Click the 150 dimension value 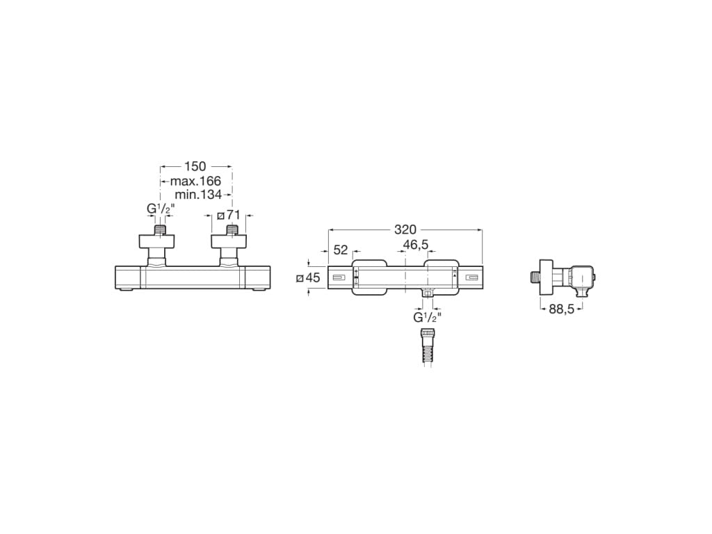click(195, 167)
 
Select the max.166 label click(195, 181)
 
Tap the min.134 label click(198, 195)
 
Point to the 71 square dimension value click(233, 216)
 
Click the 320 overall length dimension click(405, 229)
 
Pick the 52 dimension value click(341, 250)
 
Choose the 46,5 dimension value click(416, 245)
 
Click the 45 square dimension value click(313, 277)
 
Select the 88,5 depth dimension click(562, 309)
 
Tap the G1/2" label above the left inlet click(161, 209)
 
